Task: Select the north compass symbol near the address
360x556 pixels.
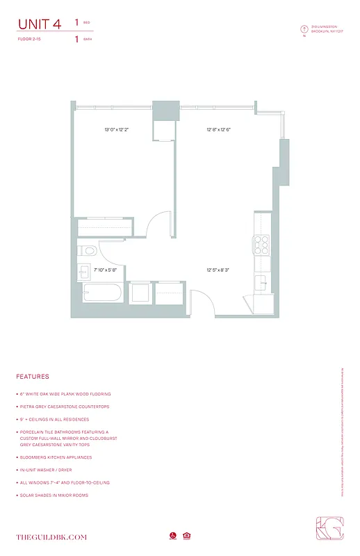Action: [x=304, y=29]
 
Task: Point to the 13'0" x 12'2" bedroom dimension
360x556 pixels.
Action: [x=117, y=130]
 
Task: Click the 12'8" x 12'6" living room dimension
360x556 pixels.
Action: [x=218, y=130]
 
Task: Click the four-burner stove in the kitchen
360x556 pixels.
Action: [x=262, y=243]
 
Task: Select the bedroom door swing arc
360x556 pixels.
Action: [x=160, y=225]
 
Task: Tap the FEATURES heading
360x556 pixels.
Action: [x=33, y=377]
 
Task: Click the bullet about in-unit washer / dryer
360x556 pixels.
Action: [x=63, y=470]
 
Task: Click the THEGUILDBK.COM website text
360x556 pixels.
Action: [x=51, y=537]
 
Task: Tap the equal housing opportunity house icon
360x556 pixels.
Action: [x=187, y=536]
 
